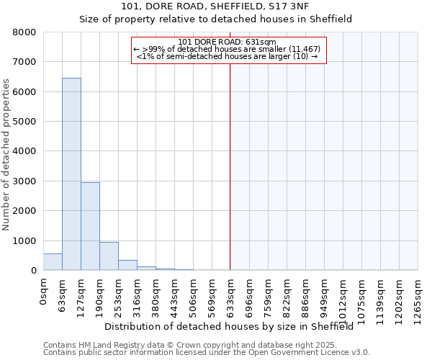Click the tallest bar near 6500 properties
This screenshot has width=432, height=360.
pos(71,174)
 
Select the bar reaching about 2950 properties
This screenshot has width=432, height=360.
pos(90,226)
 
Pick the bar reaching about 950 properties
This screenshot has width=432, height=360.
pos(109,256)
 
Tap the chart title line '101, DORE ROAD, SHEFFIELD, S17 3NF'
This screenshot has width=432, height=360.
pos(215,7)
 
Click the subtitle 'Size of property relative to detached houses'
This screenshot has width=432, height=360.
pos(215,19)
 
